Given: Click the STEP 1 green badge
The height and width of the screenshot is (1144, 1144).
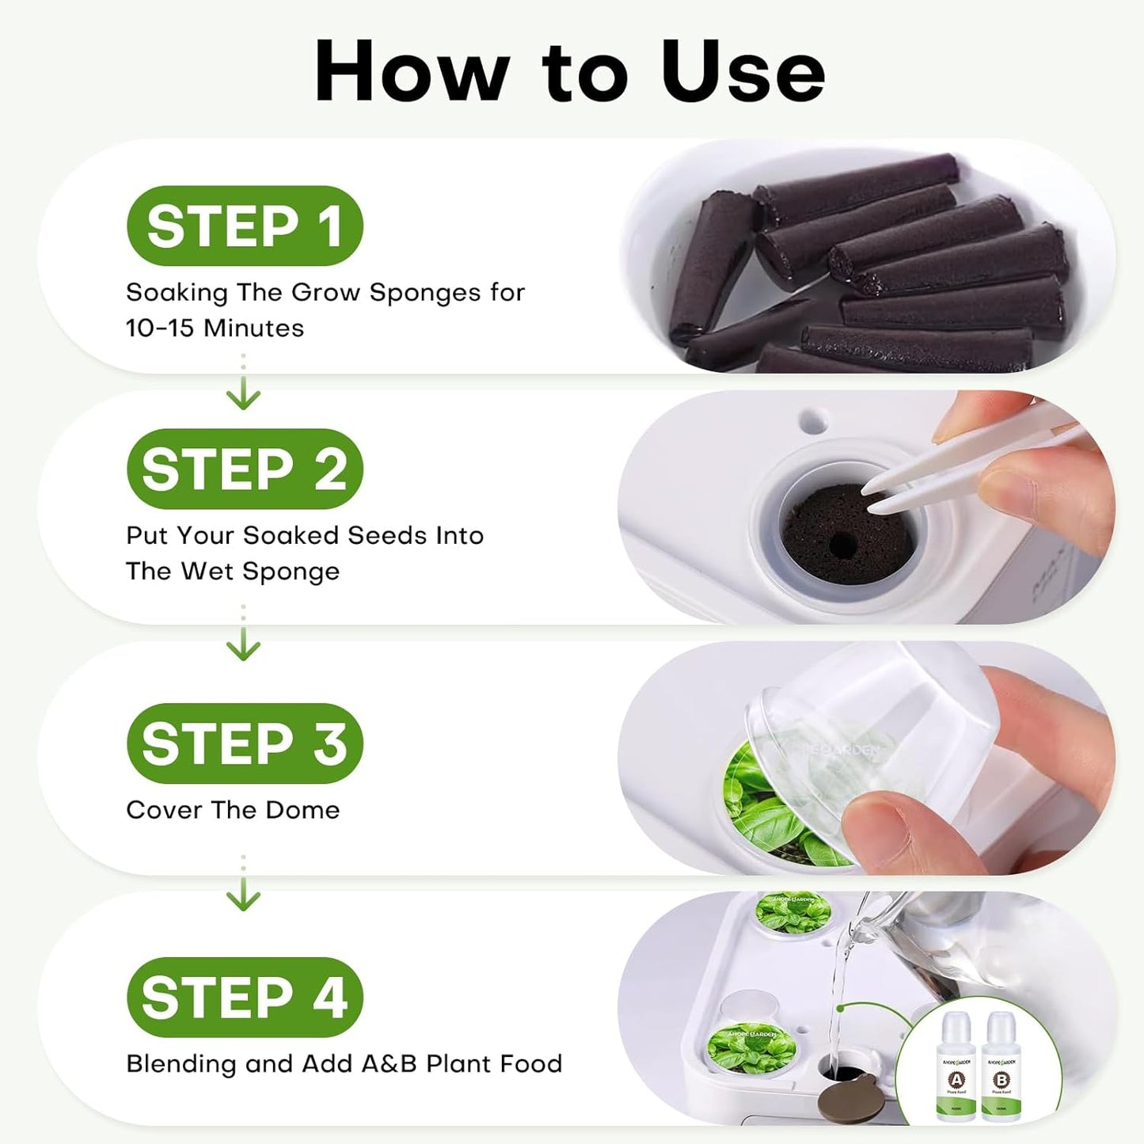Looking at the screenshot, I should pos(245,226).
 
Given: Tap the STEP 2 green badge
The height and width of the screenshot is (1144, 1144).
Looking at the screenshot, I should pos(245,469).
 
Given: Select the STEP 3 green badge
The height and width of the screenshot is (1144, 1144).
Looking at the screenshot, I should pos(245,743).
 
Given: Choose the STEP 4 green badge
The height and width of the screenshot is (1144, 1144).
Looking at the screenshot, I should pos(245,997).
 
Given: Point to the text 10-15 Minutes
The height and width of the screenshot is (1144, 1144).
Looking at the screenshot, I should pos(215,328).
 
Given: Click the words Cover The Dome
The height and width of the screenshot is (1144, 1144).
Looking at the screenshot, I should pos(233,810).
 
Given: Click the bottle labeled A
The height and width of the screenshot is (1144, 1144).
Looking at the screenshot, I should pos(956,1069).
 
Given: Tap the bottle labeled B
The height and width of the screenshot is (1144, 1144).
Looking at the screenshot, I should pos(1001,1069).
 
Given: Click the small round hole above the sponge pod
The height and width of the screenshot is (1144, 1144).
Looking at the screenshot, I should pos(813,420).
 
